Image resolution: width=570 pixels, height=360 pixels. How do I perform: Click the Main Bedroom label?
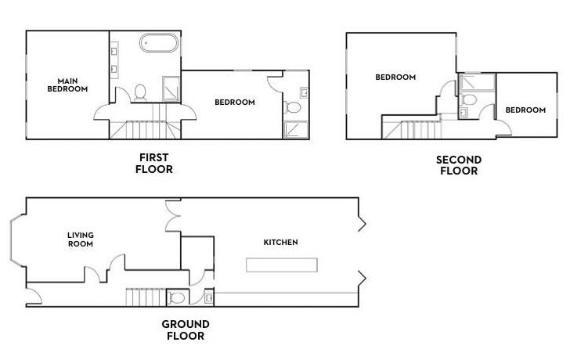(67, 85)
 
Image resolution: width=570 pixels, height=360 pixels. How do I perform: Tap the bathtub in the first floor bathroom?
(159, 43)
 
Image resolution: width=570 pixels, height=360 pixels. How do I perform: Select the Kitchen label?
(280, 243)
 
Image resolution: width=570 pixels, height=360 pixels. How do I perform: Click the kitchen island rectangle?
(282, 265)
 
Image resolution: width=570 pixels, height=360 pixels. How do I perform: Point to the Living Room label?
(81, 239)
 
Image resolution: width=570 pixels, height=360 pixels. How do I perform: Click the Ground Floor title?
(186, 329)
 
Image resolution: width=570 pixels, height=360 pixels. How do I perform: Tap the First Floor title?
(154, 163)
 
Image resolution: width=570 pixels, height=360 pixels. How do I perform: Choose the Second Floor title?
(459, 165)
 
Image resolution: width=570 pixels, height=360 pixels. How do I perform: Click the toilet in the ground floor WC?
(176, 298)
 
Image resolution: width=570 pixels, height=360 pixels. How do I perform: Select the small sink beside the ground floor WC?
(209, 298)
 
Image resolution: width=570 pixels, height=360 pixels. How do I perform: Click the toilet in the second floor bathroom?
(468, 99)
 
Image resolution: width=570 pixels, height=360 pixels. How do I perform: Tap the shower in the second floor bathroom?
(477, 81)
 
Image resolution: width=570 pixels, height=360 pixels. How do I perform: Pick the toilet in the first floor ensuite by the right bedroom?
(293, 107)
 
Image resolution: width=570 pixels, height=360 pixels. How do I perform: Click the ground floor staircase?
(146, 297)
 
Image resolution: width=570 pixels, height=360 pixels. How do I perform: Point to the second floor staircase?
(413, 130)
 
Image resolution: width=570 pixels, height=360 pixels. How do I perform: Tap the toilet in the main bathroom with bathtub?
(140, 92)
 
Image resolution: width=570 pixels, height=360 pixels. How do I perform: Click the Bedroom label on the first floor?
(235, 103)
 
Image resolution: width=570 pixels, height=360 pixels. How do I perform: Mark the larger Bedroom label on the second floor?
(395, 77)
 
